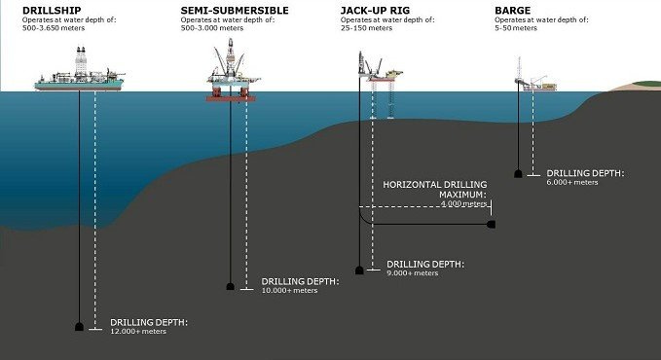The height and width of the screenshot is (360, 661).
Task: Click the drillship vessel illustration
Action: click(79, 79)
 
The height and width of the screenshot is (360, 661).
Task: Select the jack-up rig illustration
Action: click(381, 83)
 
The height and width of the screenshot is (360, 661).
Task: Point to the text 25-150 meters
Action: click(369, 29)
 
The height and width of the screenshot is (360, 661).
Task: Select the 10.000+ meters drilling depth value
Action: click(290, 291)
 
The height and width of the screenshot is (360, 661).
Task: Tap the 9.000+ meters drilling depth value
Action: click(415, 274)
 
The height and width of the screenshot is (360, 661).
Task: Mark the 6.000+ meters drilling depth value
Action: click(573, 181)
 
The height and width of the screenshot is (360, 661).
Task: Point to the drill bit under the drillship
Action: click(80, 327)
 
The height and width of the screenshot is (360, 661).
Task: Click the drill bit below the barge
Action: click(519, 174)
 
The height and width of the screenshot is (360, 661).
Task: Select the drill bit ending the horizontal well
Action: click(492, 225)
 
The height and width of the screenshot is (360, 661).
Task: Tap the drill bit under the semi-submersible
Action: click(231, 286)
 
